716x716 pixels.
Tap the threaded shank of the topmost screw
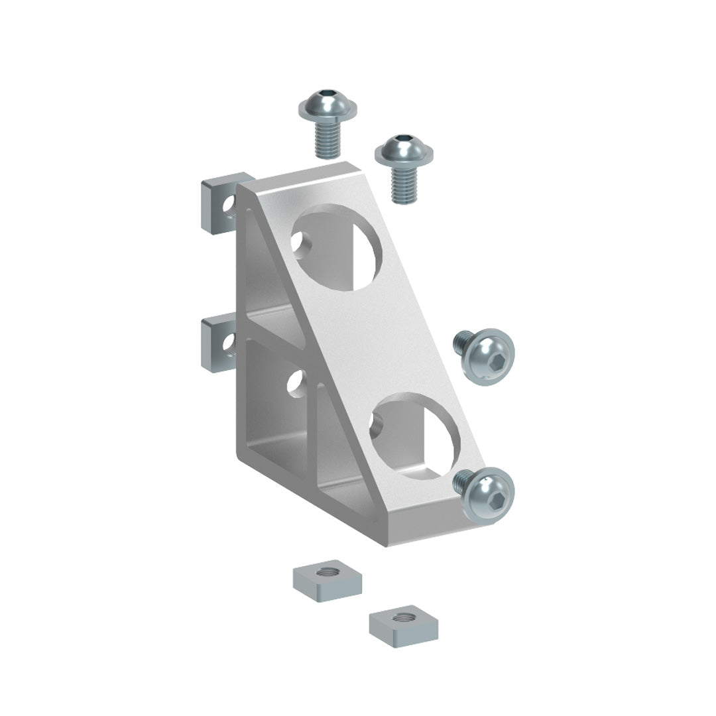(327, 141)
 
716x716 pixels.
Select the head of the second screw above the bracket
(404, 150)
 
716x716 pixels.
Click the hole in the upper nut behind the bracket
(229, 205)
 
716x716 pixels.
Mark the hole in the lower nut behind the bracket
(228, 342)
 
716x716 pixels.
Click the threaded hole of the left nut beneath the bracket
(326, 571)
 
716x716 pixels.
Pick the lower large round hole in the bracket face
(414, 436)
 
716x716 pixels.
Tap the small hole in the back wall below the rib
(296, 383)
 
